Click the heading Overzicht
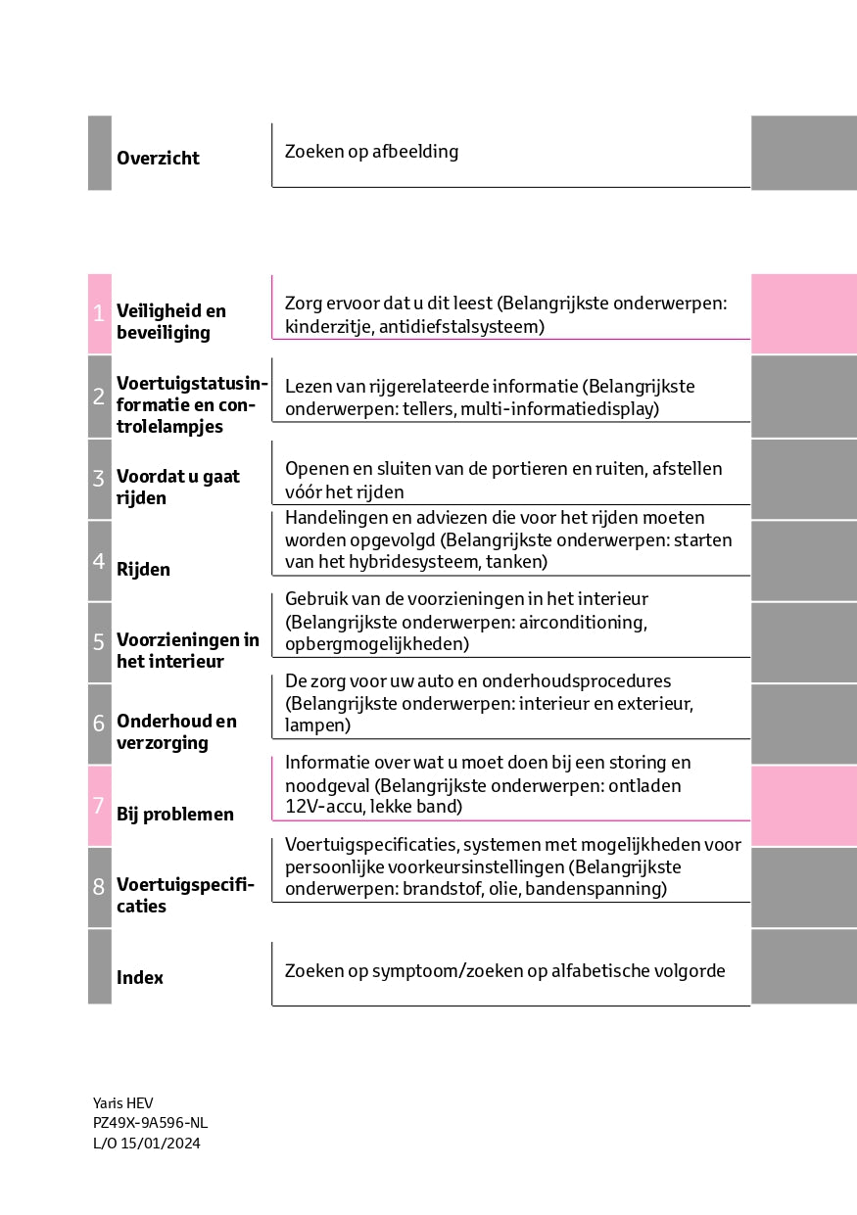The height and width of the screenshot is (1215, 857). pos(158,159)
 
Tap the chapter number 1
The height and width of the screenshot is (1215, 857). pos(99,313)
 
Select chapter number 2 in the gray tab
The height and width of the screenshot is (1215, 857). pos(99,397)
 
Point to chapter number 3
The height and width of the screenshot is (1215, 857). pos(99,479)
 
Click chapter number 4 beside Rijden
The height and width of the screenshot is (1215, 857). pos(99,561)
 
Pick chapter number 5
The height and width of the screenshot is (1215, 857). pos(99,642)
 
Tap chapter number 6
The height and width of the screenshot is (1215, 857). pos(99,724)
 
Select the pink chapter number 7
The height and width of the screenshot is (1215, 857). pos(99,806)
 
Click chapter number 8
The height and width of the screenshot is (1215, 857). pos(99,887)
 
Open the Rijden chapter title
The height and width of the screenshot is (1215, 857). pos(143,570)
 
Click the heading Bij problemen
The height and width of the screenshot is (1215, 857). pos(174,815)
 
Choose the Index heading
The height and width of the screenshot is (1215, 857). pos(140,978)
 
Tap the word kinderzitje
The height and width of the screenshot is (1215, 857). pos(324,326)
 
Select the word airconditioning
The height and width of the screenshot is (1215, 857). pos(579,622)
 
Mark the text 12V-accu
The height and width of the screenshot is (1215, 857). pos(320,807)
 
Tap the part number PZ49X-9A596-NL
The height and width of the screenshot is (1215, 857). pos(150,1123)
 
